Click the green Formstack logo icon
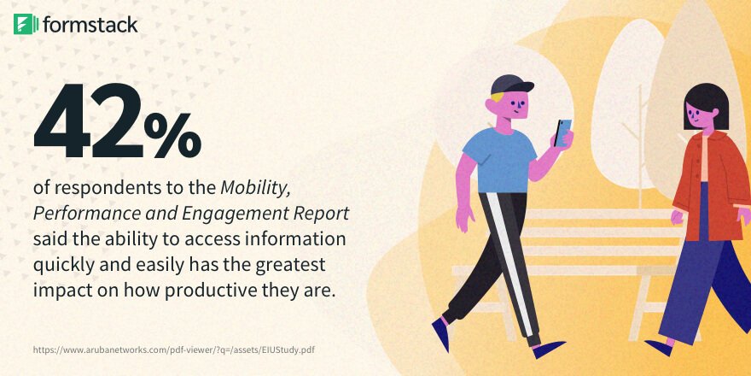point(26,24)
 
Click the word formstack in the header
point(89,24)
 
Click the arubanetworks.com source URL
point(179,350)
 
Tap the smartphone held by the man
point(563,132)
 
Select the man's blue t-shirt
point(499,162)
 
